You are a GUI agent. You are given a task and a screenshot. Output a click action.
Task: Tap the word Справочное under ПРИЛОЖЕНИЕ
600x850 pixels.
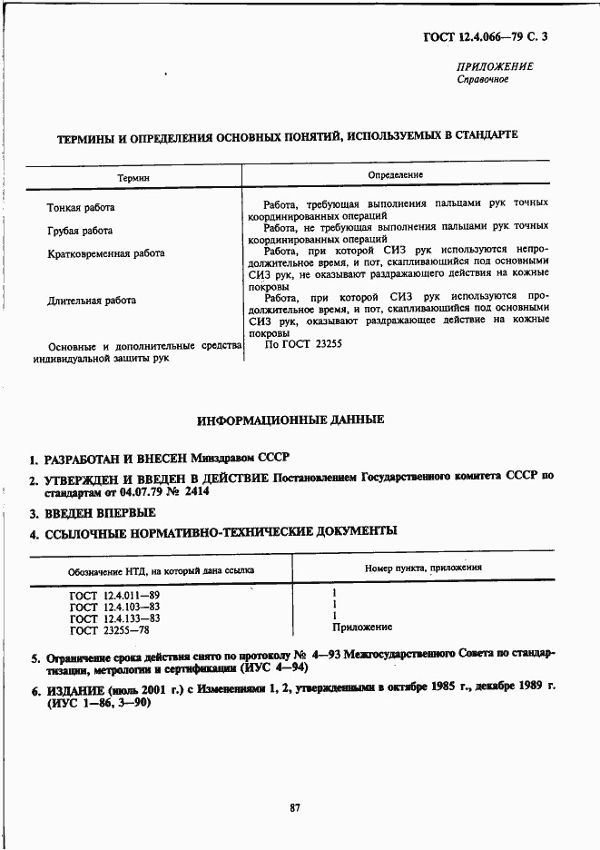click(482, 79)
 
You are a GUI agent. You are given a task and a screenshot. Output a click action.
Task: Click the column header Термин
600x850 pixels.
click(133, 179)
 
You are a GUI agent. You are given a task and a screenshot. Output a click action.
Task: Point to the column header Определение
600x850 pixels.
click(395, 174)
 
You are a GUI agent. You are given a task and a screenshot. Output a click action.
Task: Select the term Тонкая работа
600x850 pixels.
click(81, 208)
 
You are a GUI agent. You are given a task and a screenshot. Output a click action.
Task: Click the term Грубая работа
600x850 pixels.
click(80, 231)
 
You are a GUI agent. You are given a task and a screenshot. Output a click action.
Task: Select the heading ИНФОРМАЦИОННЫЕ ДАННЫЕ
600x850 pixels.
click(290, 420)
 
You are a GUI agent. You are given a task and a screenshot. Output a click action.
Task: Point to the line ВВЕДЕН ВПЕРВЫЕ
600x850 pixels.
click(100, 513)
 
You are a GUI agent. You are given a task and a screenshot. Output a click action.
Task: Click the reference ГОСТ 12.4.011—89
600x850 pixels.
click(114, 595)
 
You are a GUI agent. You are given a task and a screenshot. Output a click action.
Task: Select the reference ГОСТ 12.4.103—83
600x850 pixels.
click(114, 607)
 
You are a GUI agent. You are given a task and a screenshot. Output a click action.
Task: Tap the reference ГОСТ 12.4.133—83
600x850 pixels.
click(114, 618)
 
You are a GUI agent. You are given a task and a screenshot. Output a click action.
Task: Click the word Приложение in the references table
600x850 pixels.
click(362, 627)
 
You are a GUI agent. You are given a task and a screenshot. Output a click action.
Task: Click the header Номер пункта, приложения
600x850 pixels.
click(423, 568)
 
